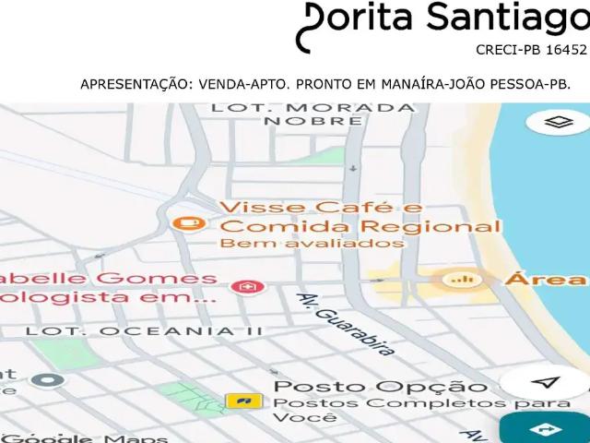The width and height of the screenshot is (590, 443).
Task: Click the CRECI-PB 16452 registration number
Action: (531, 51)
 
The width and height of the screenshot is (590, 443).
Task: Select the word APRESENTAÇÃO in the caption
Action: (133, 84)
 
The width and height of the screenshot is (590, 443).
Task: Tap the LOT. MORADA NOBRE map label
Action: (313, 114)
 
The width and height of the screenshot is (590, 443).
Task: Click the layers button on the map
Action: (553, 123)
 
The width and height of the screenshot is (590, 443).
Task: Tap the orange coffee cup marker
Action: (189, 222)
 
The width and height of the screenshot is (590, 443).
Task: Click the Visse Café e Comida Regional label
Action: (360, 216)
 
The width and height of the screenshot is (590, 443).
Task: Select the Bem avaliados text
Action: (312, 244)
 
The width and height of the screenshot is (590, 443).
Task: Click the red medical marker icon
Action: (245, 288)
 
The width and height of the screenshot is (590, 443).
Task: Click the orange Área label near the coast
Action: (545, 279)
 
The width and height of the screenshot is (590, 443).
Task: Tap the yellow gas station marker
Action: (243, 401)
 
